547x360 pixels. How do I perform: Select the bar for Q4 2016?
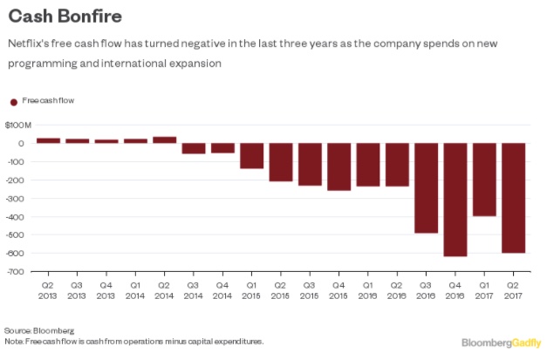tap(455, 200)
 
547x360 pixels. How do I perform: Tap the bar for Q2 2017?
tap(514, 198)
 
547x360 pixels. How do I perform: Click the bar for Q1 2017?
tap(485, 180)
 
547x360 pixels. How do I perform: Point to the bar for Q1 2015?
tap(252, 156)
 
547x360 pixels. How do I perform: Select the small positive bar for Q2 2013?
tap(48, 140)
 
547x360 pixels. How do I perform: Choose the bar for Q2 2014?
tap(165, 139)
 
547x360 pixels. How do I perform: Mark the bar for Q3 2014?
tap(194, 148)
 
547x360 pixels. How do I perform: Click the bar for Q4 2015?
tap(339, 166)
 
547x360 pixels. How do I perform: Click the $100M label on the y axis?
tap(19, 126)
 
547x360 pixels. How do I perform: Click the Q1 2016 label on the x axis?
tap(368, 289)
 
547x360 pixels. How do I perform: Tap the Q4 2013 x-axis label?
tap(106, 289)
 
